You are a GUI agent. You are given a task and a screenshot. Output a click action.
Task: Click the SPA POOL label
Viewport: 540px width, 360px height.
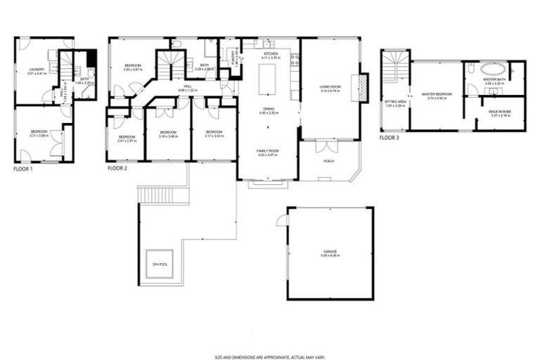(x=160, y=264)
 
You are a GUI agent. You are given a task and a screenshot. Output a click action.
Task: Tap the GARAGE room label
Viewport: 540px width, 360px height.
(x=330, y=252)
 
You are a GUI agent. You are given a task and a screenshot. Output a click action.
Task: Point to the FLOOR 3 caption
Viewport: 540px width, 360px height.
(x=389, y=139)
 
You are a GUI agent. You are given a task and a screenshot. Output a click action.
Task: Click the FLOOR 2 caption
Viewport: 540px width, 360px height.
(x=118, y=169)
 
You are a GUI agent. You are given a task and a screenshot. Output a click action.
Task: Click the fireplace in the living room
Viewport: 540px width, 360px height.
(x=363, y=88)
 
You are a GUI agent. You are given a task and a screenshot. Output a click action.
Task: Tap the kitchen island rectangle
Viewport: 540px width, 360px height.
(x=269, y=79)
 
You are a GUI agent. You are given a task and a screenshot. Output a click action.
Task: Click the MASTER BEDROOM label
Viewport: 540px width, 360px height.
(x=436, y=95)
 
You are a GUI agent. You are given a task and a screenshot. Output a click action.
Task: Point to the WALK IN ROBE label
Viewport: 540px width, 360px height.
(x=501, y=114)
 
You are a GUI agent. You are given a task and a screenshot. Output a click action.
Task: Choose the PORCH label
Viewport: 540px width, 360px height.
(x=328, y=161)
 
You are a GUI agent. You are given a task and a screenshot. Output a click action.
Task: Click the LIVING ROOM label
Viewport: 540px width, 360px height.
(x=330, y=89)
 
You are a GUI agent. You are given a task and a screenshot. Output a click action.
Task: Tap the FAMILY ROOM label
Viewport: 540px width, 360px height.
(x=268, y=150)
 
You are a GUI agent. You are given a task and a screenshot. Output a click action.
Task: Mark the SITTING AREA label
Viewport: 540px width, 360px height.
(x=394, y=103)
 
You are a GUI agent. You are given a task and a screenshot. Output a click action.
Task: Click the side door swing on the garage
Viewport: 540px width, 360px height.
(x=283, y=220)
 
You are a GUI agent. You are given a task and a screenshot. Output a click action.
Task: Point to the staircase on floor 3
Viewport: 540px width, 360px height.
(x=394, y=67)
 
